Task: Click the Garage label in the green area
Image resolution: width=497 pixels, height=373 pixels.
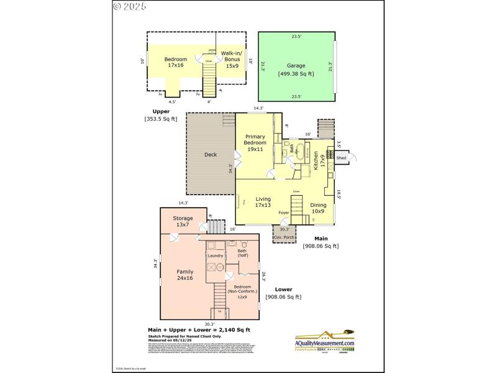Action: pyautogui.click(x=296, y=65)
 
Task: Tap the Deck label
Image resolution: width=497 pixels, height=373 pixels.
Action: pyautogui.click(x=211, y=154)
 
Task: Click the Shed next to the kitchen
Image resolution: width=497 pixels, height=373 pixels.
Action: pyautogui.click(x=341, y=158)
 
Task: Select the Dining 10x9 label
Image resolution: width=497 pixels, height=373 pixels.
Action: pyautogui.click(x=317, y=208)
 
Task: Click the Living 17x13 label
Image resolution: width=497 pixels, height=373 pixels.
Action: pyautogui.click(x=263, y=201)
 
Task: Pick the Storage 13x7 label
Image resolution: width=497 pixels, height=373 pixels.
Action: pyautogui.click(x=183, y=221)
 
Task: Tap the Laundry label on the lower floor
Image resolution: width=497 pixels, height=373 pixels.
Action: pyautogui.click(x=216, y=256)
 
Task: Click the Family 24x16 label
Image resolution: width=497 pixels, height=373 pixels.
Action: pyautogui.click(x=185, y=275)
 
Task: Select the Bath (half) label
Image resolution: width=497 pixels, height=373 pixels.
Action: pyautogui.click(x=242, y=253)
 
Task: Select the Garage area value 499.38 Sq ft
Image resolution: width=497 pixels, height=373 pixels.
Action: pyautogui.click(x=296, y=73)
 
